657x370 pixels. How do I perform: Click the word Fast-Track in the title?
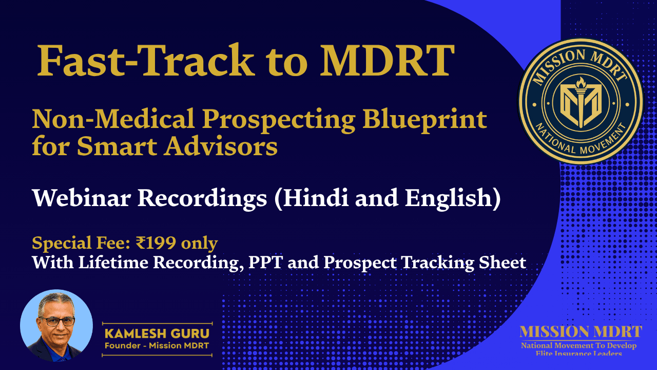click(146, 60)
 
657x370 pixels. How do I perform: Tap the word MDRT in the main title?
click(387, 61)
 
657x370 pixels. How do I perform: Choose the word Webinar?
click(82, 198)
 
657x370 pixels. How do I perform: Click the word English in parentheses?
click(449, 199)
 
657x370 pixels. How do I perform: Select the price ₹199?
click(156, 243)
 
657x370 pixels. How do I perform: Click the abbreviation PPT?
click(266, 262)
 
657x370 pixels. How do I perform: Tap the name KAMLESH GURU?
click(157, 334)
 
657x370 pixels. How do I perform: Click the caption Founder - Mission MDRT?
click(157, 346)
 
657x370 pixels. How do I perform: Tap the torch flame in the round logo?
click(581, 83)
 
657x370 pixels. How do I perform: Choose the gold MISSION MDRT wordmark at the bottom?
click(581, 332)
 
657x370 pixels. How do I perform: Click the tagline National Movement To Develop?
click(578, 346)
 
